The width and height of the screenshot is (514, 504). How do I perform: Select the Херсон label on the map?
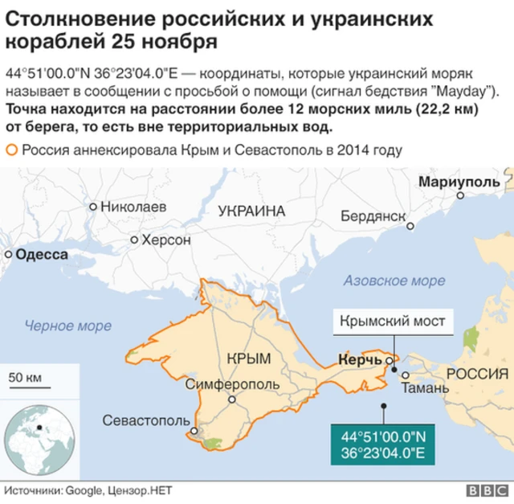[165, 240]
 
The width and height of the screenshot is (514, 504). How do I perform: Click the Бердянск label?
[373, 216]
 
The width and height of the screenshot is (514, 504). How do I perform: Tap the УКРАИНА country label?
[251, 211]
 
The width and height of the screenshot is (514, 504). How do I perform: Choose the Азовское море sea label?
[394, 281]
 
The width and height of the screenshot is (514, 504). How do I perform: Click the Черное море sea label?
[68, 326]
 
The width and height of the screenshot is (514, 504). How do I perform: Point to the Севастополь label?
[146, 420]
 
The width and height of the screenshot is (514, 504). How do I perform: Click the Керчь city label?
[360, 360]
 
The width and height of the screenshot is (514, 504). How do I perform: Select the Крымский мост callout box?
[392, 321]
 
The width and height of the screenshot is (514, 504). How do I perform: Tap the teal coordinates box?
[382, 446]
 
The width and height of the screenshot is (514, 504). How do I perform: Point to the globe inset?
[40, 441]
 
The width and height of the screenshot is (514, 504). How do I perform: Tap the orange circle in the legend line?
[11, 150]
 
